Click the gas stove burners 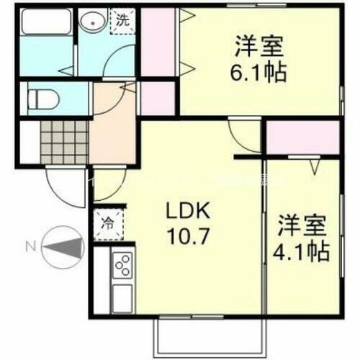coord(122,266)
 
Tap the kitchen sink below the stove coord(122,295)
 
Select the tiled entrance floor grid coord(63,140)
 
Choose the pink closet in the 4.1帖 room coord(302,137)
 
